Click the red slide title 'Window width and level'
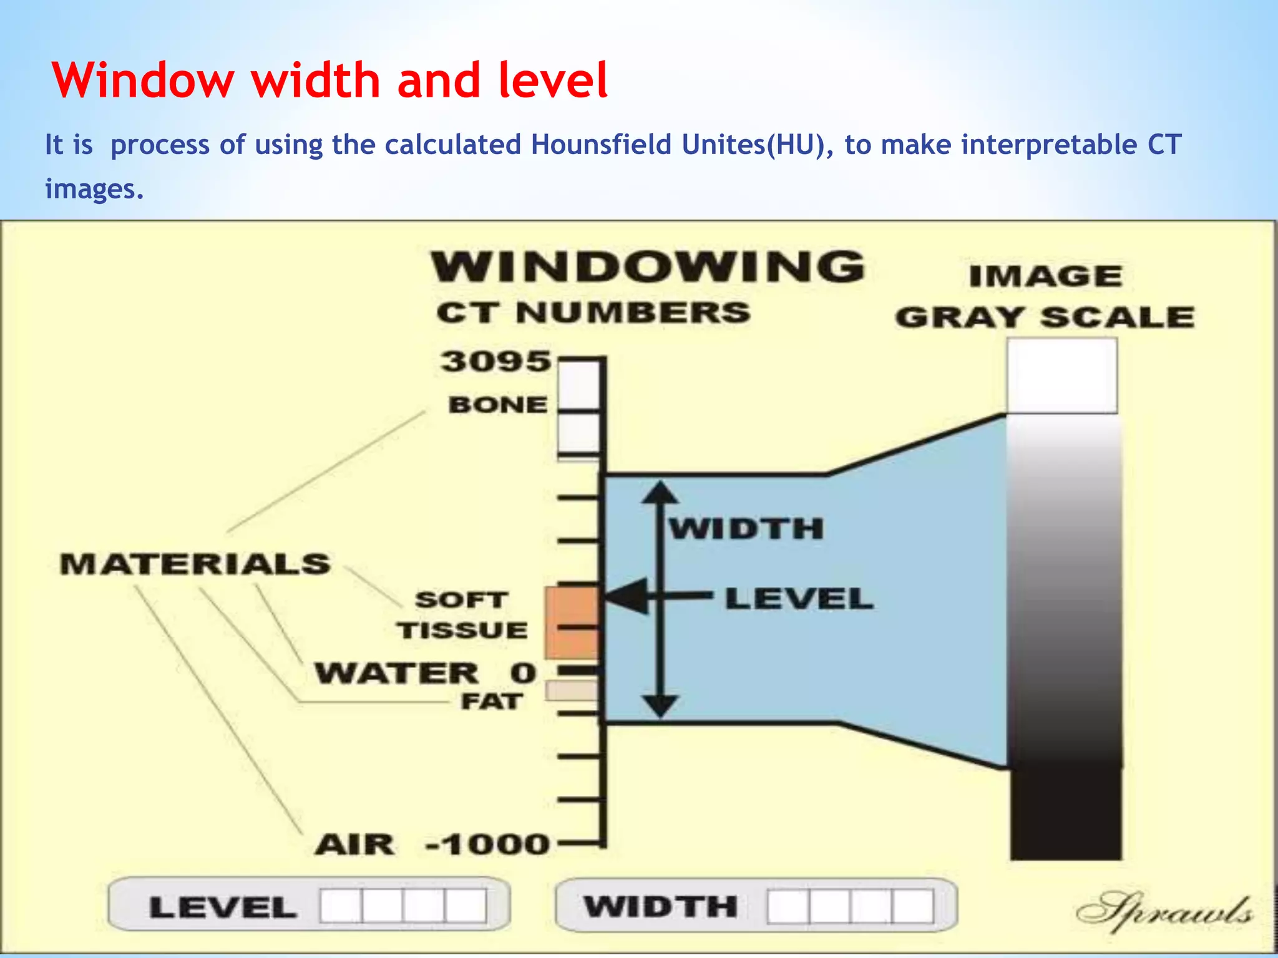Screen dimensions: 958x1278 coord(329,81)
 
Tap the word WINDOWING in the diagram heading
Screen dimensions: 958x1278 coord(648,267)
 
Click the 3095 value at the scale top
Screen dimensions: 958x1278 coord(496,362)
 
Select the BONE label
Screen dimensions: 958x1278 coord(498,405)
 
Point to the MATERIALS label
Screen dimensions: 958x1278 coord(195,564)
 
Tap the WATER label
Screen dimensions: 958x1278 coord(397,674)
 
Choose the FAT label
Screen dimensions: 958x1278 coord(491,702)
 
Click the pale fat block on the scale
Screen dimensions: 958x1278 coord(571,690)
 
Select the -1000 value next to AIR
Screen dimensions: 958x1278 coord(487,845)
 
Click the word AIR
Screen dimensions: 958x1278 coord(354,845)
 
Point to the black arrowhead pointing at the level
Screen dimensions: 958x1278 coord(627,597)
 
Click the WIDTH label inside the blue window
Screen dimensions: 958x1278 coord(746,530)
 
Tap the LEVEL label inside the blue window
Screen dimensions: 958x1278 coord(799,599)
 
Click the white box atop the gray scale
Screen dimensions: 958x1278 coord(1061,375)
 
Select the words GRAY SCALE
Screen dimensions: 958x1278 coord(1045,317)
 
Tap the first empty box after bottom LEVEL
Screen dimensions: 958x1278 coord(341,906)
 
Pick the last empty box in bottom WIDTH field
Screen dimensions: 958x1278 coord(913,906)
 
